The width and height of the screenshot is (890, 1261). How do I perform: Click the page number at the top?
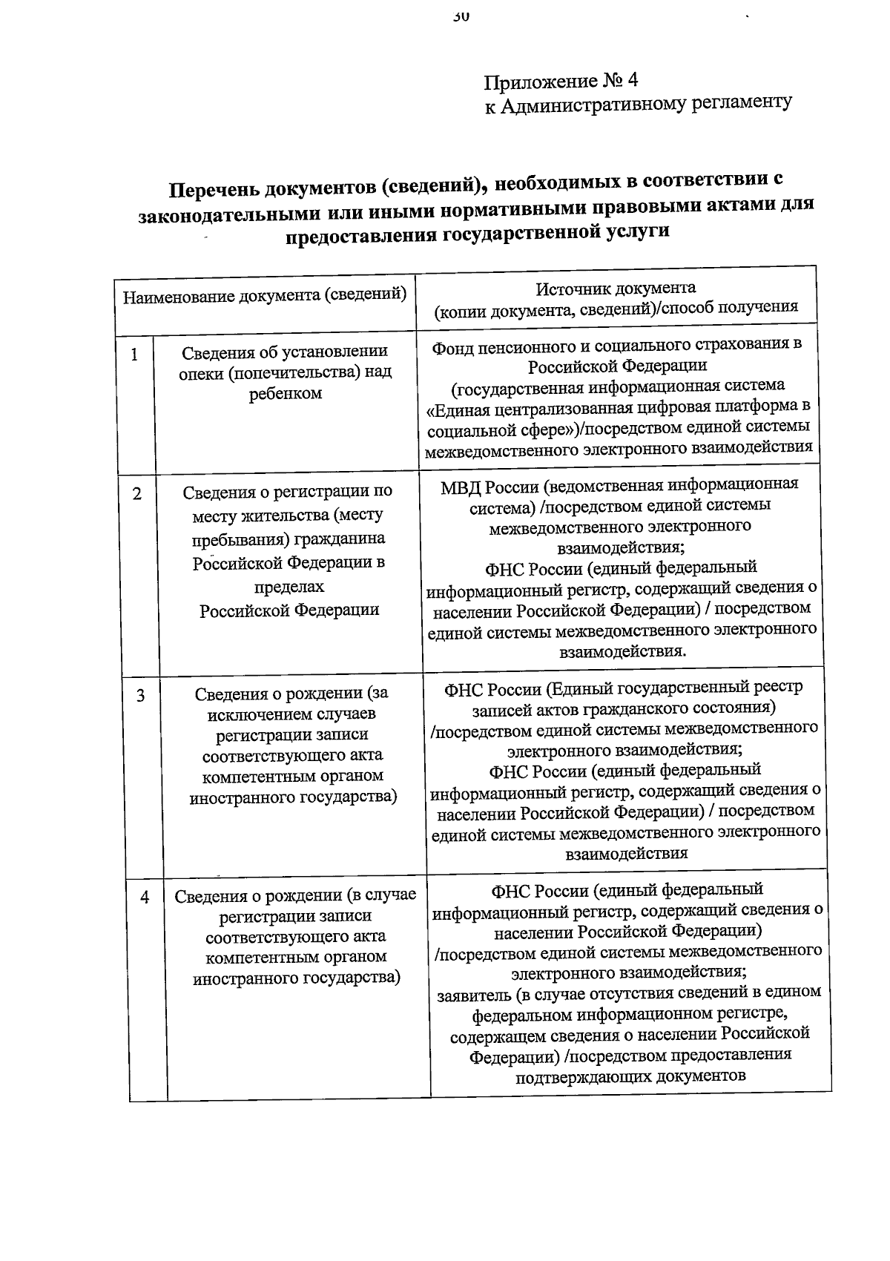461,16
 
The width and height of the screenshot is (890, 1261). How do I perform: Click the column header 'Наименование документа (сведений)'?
265,295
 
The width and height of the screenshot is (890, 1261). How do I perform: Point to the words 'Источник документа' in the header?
616,288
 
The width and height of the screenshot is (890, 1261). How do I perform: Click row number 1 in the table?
134,355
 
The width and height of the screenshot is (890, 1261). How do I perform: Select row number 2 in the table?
137,494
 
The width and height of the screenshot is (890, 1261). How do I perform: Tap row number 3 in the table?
140,696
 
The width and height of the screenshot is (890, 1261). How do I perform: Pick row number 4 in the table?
145,898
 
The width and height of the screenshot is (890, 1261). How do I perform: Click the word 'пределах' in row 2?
289,587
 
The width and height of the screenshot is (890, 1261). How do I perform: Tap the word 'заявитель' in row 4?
474,993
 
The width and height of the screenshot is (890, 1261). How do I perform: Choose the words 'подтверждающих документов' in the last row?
630,1076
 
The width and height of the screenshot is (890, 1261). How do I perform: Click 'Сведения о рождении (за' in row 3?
291,694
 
